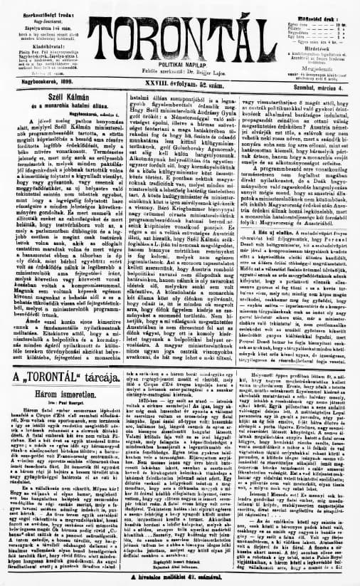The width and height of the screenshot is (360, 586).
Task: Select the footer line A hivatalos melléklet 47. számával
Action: click(x=180, y=580)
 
